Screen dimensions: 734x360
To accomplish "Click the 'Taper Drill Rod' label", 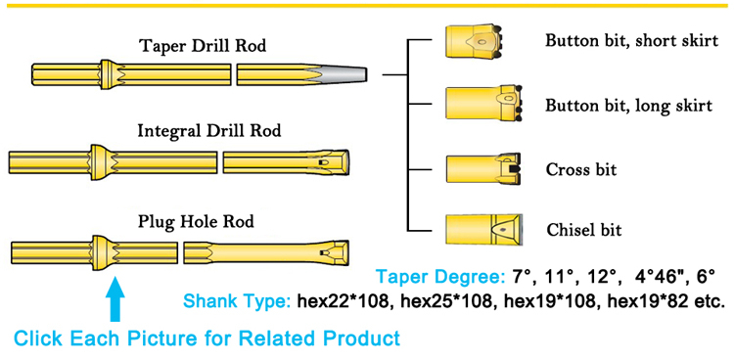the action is click(204, 46).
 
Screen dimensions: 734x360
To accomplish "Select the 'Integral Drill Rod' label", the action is click(209, 131).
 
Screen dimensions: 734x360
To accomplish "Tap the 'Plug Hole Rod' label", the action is click(196, 221).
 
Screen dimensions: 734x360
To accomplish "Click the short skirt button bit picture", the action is click(474, 42).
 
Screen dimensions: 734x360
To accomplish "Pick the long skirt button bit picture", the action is click(483, 104).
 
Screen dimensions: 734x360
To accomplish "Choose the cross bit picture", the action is click(482, 169).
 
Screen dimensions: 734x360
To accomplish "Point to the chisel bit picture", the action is click(484, 231).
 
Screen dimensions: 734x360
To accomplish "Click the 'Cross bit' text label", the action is click(581, 169).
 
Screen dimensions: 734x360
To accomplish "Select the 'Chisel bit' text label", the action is click(584, 230).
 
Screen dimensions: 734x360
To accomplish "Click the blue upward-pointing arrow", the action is click(115, 297).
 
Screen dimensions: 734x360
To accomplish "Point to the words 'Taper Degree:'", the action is click(438, 278).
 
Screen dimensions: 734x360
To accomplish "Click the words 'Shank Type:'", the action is click(238, 301).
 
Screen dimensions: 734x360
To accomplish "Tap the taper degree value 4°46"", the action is click(659, 278).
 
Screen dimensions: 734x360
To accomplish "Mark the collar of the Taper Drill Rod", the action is click(109, 74).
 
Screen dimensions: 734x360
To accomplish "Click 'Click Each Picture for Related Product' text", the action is click(206, 338).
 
